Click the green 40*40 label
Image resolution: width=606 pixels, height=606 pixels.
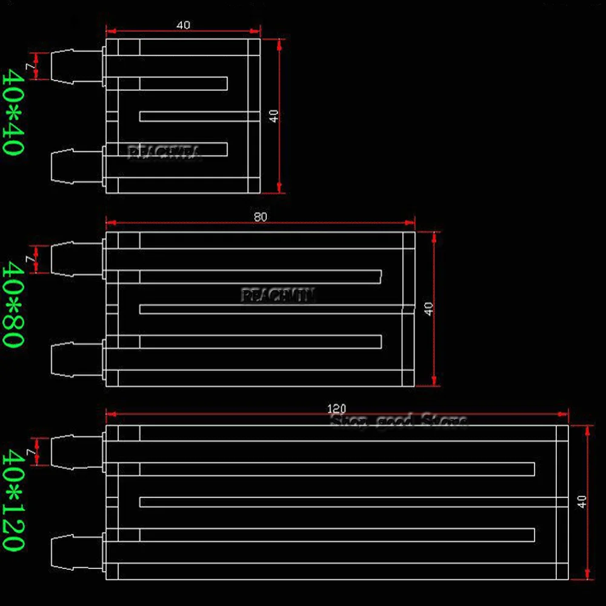[13, 112]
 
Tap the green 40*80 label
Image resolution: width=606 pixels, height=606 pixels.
[13, 305]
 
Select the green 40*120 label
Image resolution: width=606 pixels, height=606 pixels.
[13, 500]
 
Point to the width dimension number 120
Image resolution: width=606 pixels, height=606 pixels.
[336, 410]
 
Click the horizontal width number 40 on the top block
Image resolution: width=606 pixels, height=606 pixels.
[183, 25]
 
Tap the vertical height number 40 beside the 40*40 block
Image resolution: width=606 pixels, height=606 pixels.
[275, 116]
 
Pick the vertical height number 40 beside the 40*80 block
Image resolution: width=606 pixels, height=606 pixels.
[429, 309]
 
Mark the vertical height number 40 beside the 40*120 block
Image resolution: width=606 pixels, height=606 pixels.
[582, 502]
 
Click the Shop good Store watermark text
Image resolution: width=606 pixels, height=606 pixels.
[399, 420]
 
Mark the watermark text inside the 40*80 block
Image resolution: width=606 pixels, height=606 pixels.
[278, 296]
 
